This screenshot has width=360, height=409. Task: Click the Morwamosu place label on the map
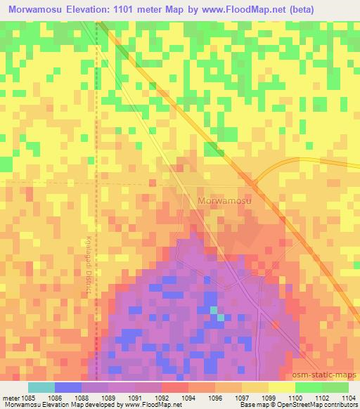pos(225,200)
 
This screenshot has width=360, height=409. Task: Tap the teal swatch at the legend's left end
pos(41,387)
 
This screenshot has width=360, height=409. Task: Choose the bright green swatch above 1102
pos(308,387)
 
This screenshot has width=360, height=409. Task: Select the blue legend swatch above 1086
pos(68,387)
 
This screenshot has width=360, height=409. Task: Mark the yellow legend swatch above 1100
pos(281,387)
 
